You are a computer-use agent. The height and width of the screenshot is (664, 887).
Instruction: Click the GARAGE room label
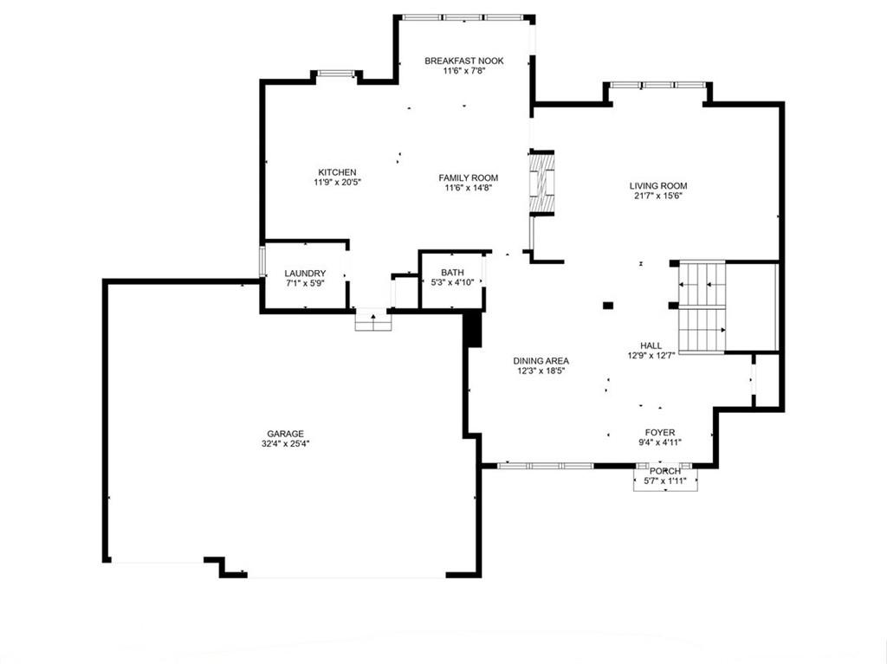[x=286, y=434]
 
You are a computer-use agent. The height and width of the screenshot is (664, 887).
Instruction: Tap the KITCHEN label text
[x=337, y=172]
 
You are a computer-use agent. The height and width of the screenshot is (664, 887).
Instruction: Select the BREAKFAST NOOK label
[x=464, y=61]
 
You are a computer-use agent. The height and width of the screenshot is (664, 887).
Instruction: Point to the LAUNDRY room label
[x=305, y=274]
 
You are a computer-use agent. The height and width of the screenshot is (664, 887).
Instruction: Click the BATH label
[x=452, y=273]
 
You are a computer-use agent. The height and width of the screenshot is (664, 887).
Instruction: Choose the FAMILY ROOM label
[x=469, y=178]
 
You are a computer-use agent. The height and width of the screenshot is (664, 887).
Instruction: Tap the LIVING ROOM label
[x=658, y=186]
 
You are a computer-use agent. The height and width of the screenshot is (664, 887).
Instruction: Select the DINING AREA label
[x=541, y=361]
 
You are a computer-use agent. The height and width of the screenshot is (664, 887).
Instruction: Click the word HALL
[x=651, y=345]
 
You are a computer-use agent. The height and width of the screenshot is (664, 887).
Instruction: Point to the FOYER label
[x=659, y=433]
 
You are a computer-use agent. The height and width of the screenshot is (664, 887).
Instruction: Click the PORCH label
[x=665, y=471]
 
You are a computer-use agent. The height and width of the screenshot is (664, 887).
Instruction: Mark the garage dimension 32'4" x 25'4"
[x=286, y=444]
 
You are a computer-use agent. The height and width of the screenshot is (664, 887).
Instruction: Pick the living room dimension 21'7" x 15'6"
[x=658, y=197]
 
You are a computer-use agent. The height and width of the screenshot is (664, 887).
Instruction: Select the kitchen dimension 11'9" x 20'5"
[x=337, y=183]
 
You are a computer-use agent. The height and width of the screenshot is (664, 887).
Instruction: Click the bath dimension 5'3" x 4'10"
[x=452, y=282]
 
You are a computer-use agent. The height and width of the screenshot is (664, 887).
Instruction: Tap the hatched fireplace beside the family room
[x=541, y=184]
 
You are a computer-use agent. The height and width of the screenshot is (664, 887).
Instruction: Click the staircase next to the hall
[x=702, y=307]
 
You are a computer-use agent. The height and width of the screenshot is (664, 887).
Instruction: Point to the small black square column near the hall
[x=608, y=306]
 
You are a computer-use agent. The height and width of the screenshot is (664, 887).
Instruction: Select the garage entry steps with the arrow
[x=373, y=320]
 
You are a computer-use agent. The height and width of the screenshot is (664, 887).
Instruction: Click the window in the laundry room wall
[x=262, y=261]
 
